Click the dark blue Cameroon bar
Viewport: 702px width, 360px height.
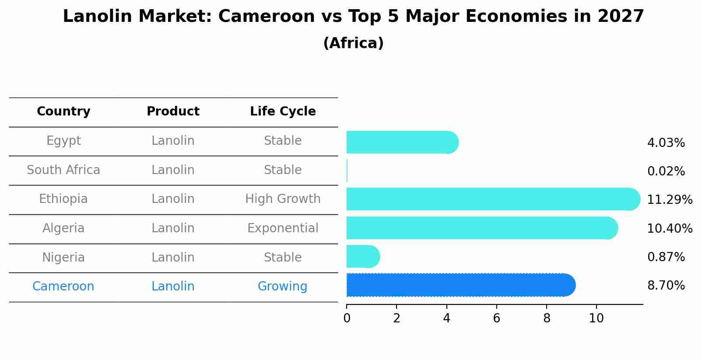(x=460, y=285)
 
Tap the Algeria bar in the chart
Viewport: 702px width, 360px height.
(x=481, y=228)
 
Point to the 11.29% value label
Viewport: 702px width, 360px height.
(x=669, y=200)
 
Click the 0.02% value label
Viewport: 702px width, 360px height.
(x=666, y=171)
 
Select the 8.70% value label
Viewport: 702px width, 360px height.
(x=666, y=286)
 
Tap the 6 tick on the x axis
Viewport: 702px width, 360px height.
(x=496, y=318)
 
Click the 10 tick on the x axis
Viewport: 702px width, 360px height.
(x=596, y=318)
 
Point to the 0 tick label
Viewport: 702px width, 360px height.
(x=347, y=318)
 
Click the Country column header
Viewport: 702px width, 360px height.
(x=63, y=112)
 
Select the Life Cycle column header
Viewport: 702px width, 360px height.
(x=283, y=112)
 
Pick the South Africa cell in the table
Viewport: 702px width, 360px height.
(x=63, y=170)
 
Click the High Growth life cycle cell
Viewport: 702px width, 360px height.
(x=283, y=199)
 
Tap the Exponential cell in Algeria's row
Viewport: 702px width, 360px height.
(x=283, y=228)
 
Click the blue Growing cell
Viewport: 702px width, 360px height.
(x=282, y=287)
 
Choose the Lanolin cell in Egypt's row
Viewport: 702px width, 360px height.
(x=173, y=141)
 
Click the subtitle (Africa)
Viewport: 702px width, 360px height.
(x=353, y=43)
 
